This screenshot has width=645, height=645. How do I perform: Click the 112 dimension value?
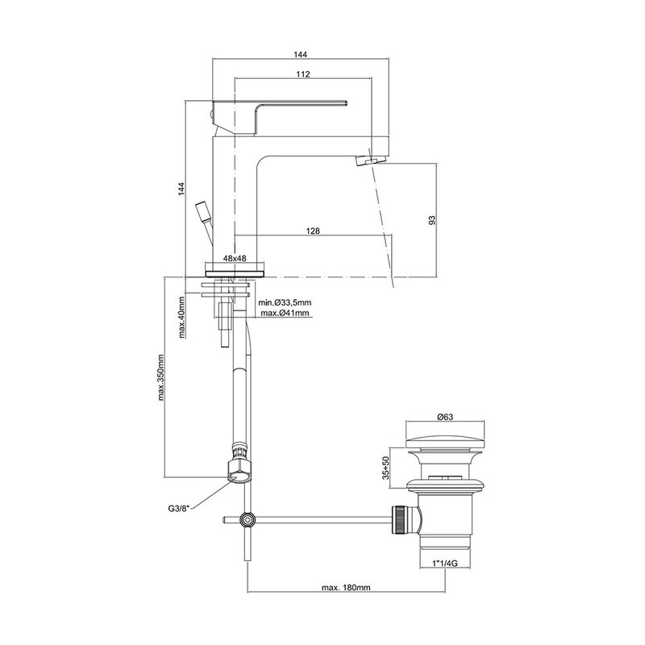click(303, 74)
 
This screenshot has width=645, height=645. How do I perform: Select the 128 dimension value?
click(313, 231)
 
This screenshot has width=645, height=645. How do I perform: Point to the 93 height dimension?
click(431, 220)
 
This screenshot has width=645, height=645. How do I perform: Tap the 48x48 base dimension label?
click(235, 258)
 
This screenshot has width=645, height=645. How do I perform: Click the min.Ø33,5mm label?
click(285, 303)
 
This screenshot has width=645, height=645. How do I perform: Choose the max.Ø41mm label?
click(285, 314)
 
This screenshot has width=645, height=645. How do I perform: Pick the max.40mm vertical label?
click(182, 317)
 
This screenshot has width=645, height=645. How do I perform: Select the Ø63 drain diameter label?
click(445, 417)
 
